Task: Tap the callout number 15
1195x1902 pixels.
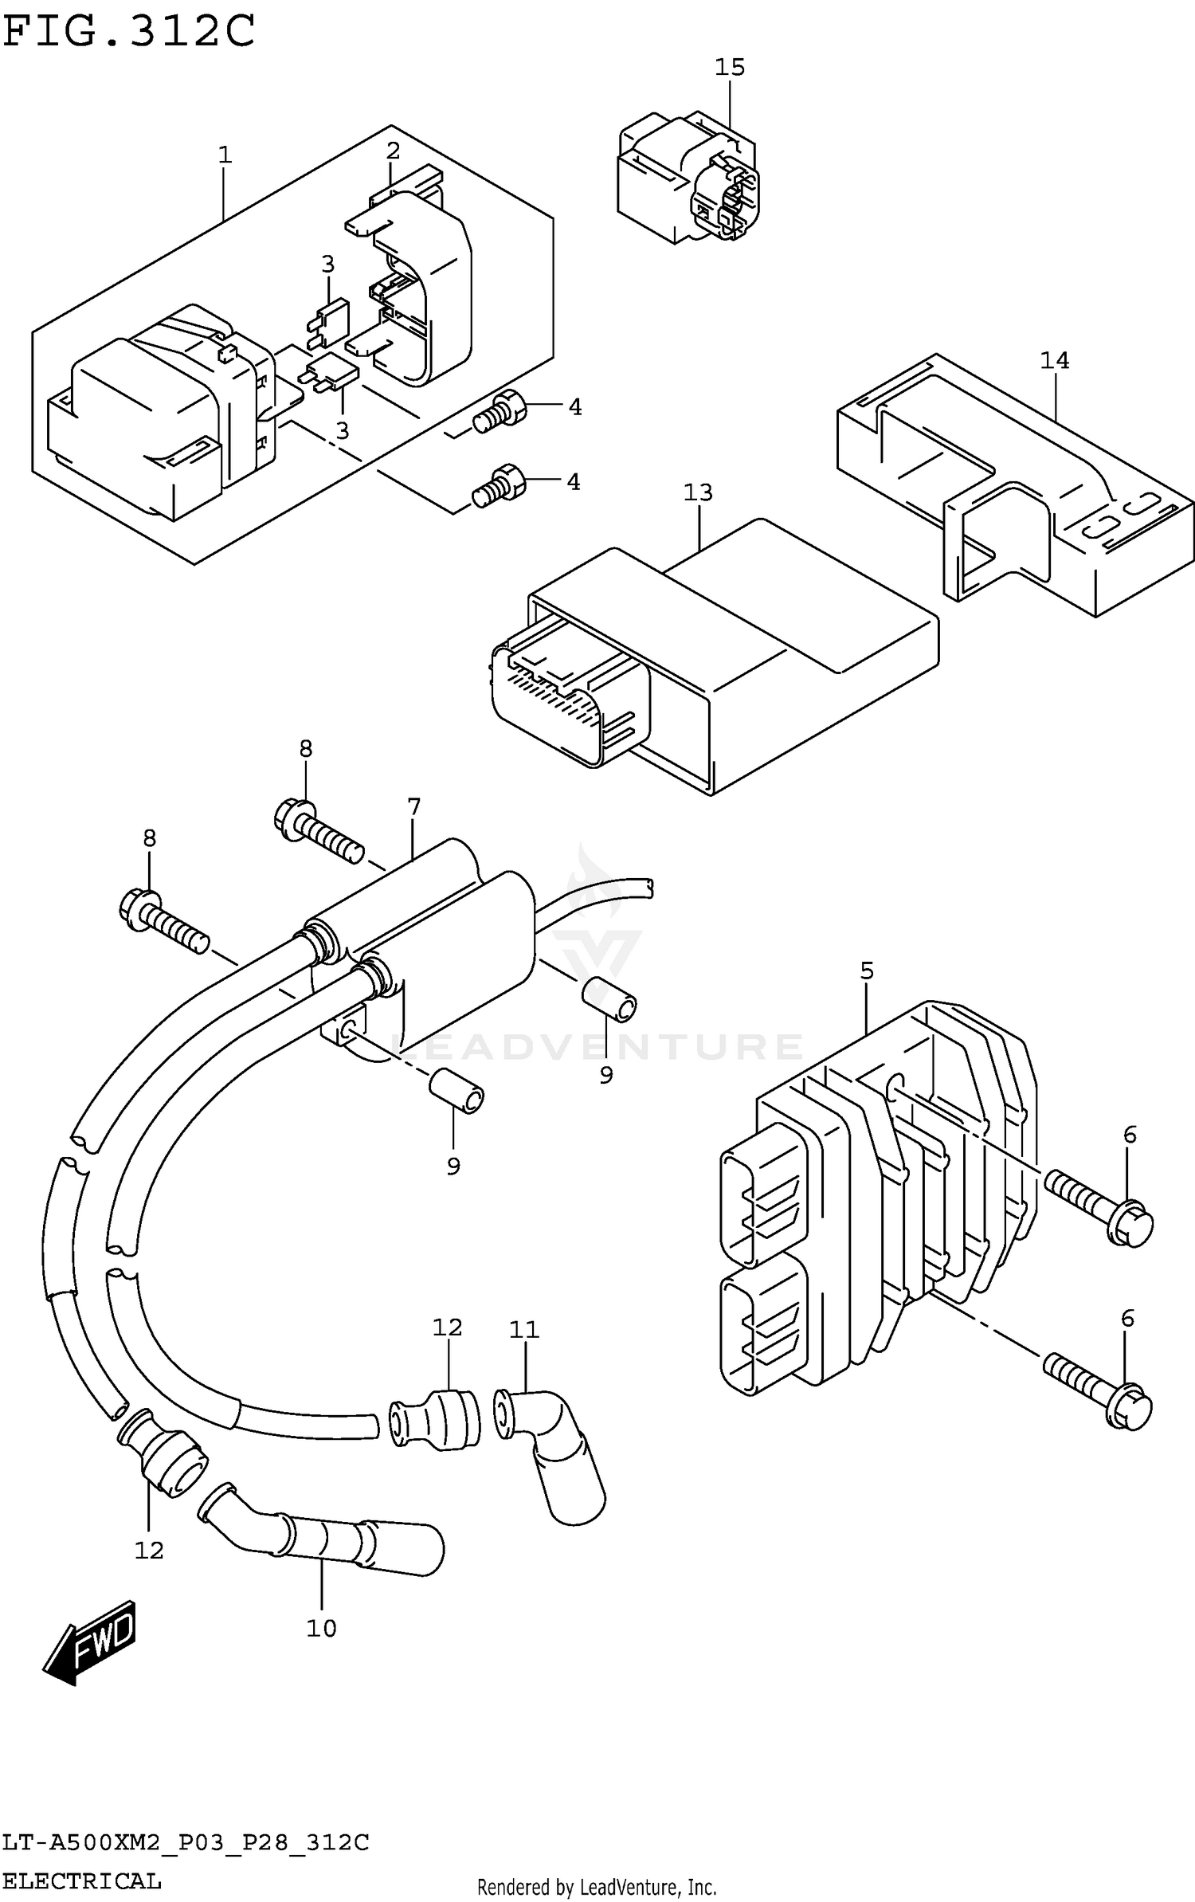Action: tap(729, 68)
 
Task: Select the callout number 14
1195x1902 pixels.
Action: tap(1053, 361)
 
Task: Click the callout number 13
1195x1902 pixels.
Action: tap(698, 492)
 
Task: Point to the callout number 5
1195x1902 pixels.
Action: tap(867, 971)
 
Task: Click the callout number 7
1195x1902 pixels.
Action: tap(413, 807)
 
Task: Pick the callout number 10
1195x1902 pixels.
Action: tap(322, 1629)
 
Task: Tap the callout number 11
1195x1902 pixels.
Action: tap(524, 1330)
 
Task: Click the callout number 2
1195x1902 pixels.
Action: tap(393, 151)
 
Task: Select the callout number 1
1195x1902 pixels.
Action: tap(225, 155)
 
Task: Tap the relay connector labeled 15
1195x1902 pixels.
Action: tap(687, 179)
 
